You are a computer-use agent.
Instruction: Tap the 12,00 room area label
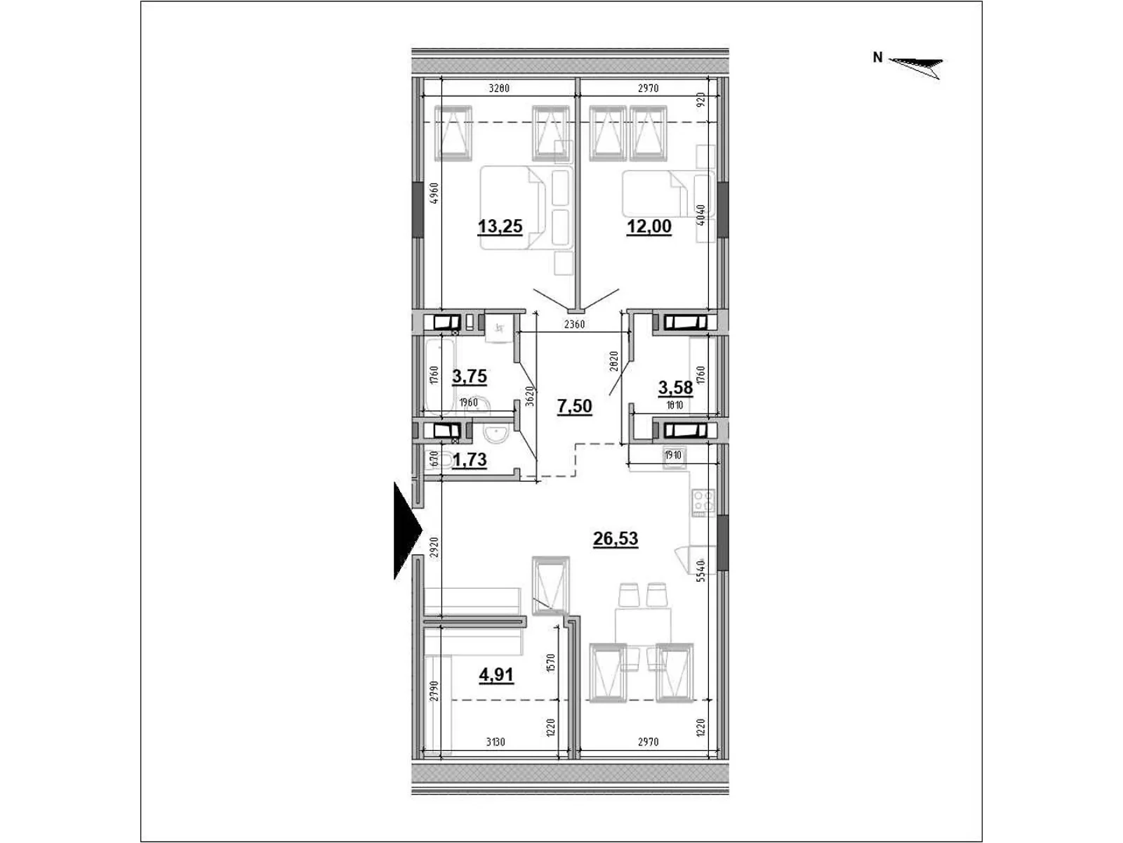pos(649,226)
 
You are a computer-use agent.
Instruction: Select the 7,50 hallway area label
pos(574,406)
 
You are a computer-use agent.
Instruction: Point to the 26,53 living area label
pos(616,539)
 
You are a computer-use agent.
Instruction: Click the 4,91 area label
pos(496,675)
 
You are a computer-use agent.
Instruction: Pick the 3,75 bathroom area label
pos(470,377)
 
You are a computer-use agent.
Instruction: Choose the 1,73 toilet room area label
pos(470,460)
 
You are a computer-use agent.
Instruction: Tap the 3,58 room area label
pos(675,387)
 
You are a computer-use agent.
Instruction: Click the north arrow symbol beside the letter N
pos(917,65)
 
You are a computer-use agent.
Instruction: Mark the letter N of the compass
pos(877,58)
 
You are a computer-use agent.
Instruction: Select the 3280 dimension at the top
pos(498,89)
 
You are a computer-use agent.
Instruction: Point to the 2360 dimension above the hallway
pos(574,325)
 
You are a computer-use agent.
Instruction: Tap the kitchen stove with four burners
pos(703,502)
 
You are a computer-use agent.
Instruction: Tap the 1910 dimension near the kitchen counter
pos(672,455)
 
